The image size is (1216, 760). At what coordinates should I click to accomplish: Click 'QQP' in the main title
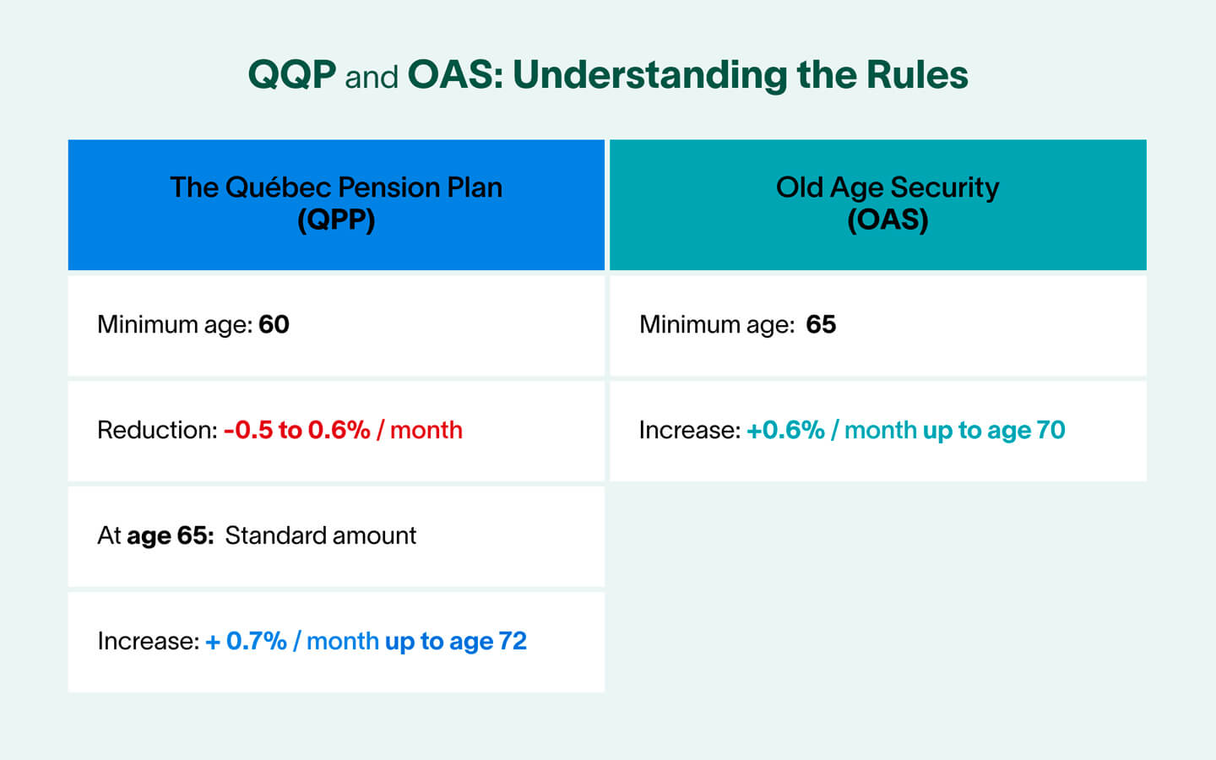coord(292,75)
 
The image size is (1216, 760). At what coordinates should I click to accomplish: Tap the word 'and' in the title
coord(372,78)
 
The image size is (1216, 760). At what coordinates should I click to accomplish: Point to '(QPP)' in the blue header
coord(336,220)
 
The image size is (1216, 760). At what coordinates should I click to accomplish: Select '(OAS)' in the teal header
coord(888,220)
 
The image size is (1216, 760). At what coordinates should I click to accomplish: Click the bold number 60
coord(274,324)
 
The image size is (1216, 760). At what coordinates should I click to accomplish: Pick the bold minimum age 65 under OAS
coord(821,324)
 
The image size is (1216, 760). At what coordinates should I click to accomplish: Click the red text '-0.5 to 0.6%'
coord(296,430)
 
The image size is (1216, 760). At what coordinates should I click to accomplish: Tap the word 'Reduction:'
coord(157,430)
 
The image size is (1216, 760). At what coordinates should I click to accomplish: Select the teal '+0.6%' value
coord(785,430)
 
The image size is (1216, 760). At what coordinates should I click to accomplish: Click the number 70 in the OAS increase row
coord(1050,430)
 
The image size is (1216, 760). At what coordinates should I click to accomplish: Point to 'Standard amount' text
coord(320,535)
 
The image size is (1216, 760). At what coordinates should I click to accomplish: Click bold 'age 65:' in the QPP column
coord(170,535)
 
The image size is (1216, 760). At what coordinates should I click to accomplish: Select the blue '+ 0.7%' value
coord(246,641)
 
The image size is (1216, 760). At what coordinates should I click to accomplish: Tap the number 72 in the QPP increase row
coord(513,641)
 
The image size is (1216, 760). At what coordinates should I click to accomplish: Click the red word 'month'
coord(426,430)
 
